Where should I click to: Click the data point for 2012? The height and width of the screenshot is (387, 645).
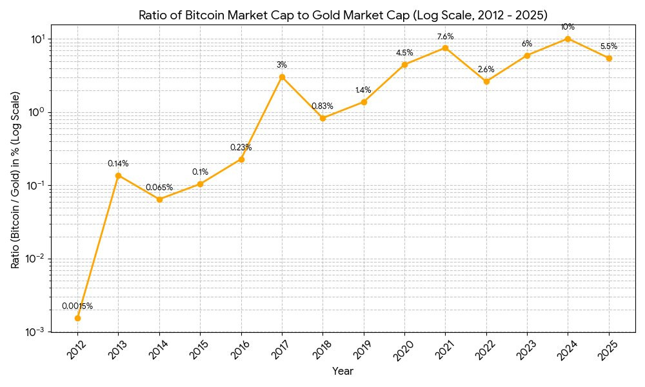click(77, 318)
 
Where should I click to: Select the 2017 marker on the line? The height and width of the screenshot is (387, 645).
click(282, 77)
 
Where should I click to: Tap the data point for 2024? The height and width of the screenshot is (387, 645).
click(568, 39)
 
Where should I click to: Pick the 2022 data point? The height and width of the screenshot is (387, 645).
click(486, 81)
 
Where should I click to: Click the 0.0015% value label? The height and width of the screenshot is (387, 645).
click(77, 306)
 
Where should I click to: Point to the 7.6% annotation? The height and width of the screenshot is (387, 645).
click(445, 36)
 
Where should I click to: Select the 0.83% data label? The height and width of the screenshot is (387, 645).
click(322, 106)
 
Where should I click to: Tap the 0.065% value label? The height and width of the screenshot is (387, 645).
click(159, 188)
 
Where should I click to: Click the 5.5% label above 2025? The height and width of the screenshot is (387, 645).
click(609, 46)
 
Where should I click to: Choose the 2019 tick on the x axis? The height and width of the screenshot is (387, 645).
click(363, 349)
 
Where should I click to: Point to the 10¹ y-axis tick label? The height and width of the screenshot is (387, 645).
click(37, 39)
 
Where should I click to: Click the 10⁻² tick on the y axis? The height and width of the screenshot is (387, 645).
click(36, 259)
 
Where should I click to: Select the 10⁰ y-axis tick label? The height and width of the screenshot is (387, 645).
click(37, 112)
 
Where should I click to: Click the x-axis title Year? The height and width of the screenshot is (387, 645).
click(342, 372)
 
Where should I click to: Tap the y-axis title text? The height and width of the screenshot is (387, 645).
click(15, 180)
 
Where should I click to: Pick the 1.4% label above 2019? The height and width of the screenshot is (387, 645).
click(363, 90)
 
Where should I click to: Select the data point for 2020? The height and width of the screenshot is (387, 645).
click(404, 64)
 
